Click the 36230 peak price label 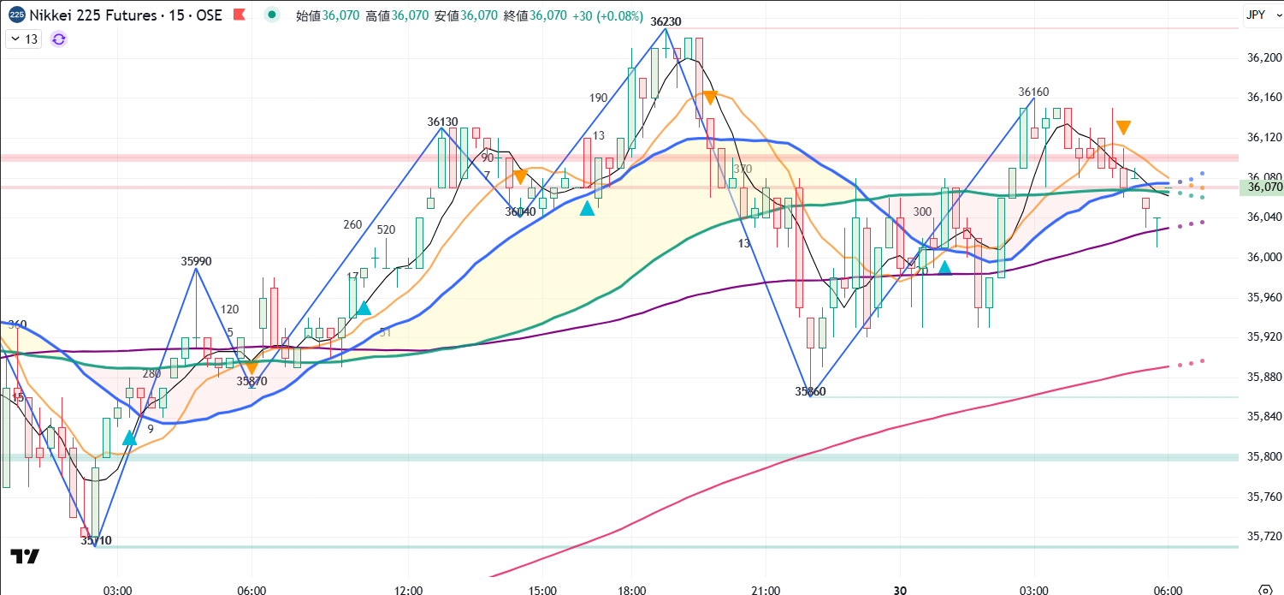pyautogui.click(x=666, y=21)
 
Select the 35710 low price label pyautogui.click(x=96, y=540)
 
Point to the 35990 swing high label pyautogui.click(x=196, y=260)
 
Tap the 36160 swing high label pyautogui.click(x=1033, y=92)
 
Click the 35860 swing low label pyautogui.click(x=810, y=391)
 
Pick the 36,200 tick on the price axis pyautogui.click(x=1264, y=57)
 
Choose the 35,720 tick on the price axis pyautogui.click(x=1264, y=536)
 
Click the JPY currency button pyautogui.click(x=1256, y=15)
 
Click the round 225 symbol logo pyautogui.click(x=17, y=15)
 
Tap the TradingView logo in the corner pyautogui.click(x=26, y=556)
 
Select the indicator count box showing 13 pyautogui.click(x=24, y=39)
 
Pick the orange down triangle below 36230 pyautogui.click(x=709, y=98)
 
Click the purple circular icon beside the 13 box pyautogui.click(x=59, y=39)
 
